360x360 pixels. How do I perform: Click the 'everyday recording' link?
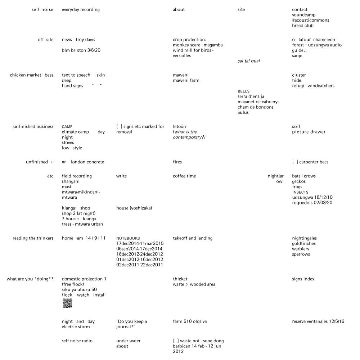pos(81,10)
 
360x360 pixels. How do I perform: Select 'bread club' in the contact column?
pos(303,26)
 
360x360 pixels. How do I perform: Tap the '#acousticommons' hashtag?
pos(310,20)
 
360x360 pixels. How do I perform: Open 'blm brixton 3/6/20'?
pos(81,50)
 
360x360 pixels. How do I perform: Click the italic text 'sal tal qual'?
pos(248,61)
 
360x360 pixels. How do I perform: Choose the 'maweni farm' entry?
pos(186,81)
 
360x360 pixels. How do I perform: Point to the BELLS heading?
pos(243,91)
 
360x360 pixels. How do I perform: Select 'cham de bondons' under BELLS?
pos(255,107)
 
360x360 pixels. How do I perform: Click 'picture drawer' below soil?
pos(309,132)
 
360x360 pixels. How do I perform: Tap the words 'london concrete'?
pos(87,162)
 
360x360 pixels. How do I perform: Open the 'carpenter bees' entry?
pos(314,162)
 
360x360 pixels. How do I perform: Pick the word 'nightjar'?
pos(275,176)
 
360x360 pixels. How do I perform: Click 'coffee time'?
pos(184,176)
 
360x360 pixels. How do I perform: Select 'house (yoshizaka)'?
pos(134,208)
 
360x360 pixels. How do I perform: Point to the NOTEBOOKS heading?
pos(128,238)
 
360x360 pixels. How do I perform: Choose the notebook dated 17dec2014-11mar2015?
pos(140,244)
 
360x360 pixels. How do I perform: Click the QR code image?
pos(67,303)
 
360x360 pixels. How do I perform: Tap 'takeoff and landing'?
pos(193,238)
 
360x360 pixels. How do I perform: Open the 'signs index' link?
pos(303,279)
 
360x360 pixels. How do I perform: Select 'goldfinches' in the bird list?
pos(304,244)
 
